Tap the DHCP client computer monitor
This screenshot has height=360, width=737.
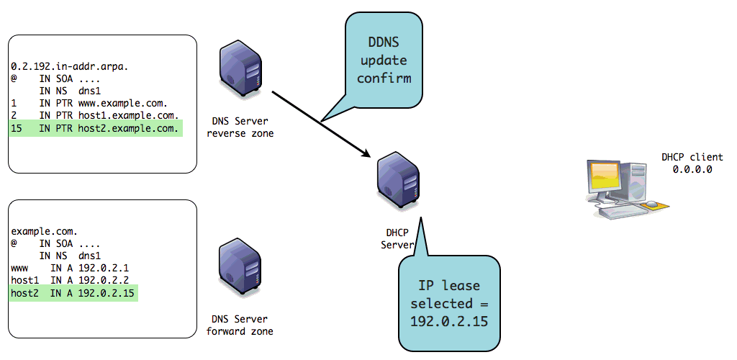coord(607,176)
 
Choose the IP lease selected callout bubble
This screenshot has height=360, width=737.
coord(450,302)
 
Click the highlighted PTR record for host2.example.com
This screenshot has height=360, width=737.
coord(95,129)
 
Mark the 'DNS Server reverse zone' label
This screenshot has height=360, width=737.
coord(240,127)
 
